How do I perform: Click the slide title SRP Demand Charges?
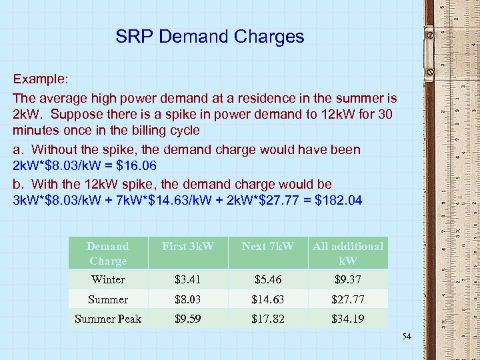pos(209,36)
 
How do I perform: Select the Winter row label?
pos(108,280)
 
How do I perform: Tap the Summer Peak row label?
pos(108,319)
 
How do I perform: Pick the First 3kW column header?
pos(188,247)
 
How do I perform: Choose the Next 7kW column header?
pos(268,247)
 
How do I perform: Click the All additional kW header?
pos(348,253)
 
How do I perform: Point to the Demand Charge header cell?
pos(108,253)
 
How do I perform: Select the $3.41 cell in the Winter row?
pos(188,280)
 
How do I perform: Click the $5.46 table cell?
pos(268,280)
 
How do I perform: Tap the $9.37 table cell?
pos(348,280)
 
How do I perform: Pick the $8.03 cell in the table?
pos(188,299)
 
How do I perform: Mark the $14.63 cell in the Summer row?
pos(268,299)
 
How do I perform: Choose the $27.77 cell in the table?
pos(348,299)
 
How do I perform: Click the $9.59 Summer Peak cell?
pos(188,319)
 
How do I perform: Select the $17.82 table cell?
pos(268,319)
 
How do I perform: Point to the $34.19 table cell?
pos(348,319)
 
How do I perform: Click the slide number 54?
pos(407,337)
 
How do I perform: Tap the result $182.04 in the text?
pos(338,201)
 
